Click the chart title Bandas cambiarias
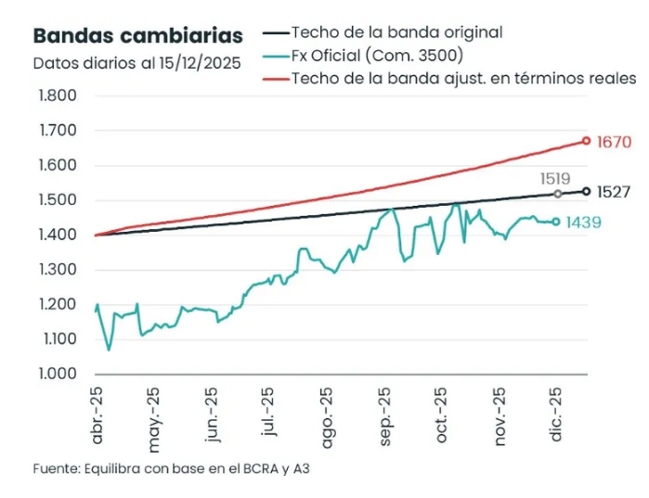[x=138, y=36]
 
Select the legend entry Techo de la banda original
[x=396, y=32]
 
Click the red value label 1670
[x=615, y=143]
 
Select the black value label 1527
[x=615, y=193]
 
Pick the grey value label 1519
[x=554, y=178]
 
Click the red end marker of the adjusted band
[x=586, y=141]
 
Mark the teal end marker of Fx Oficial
[x=556, y=222]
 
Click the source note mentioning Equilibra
[x=172, y=469]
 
